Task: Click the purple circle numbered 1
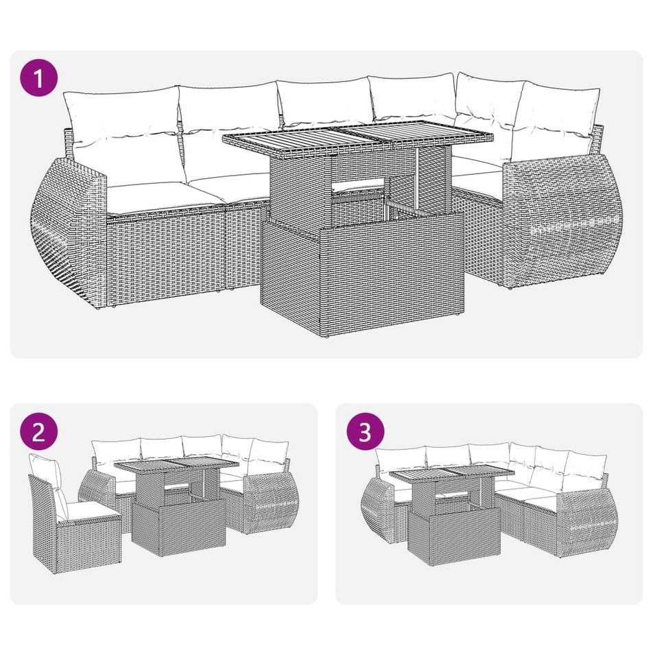click(x=39, y=78)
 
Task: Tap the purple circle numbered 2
click(x=39, y=431)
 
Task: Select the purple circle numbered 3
click(x=366, y=431)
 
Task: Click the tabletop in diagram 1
click(x=357, y=139)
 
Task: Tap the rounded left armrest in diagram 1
click(x=69, y=233)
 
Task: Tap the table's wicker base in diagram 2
click(x=179, y=527)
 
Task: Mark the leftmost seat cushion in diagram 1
click(x=146, y=197)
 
